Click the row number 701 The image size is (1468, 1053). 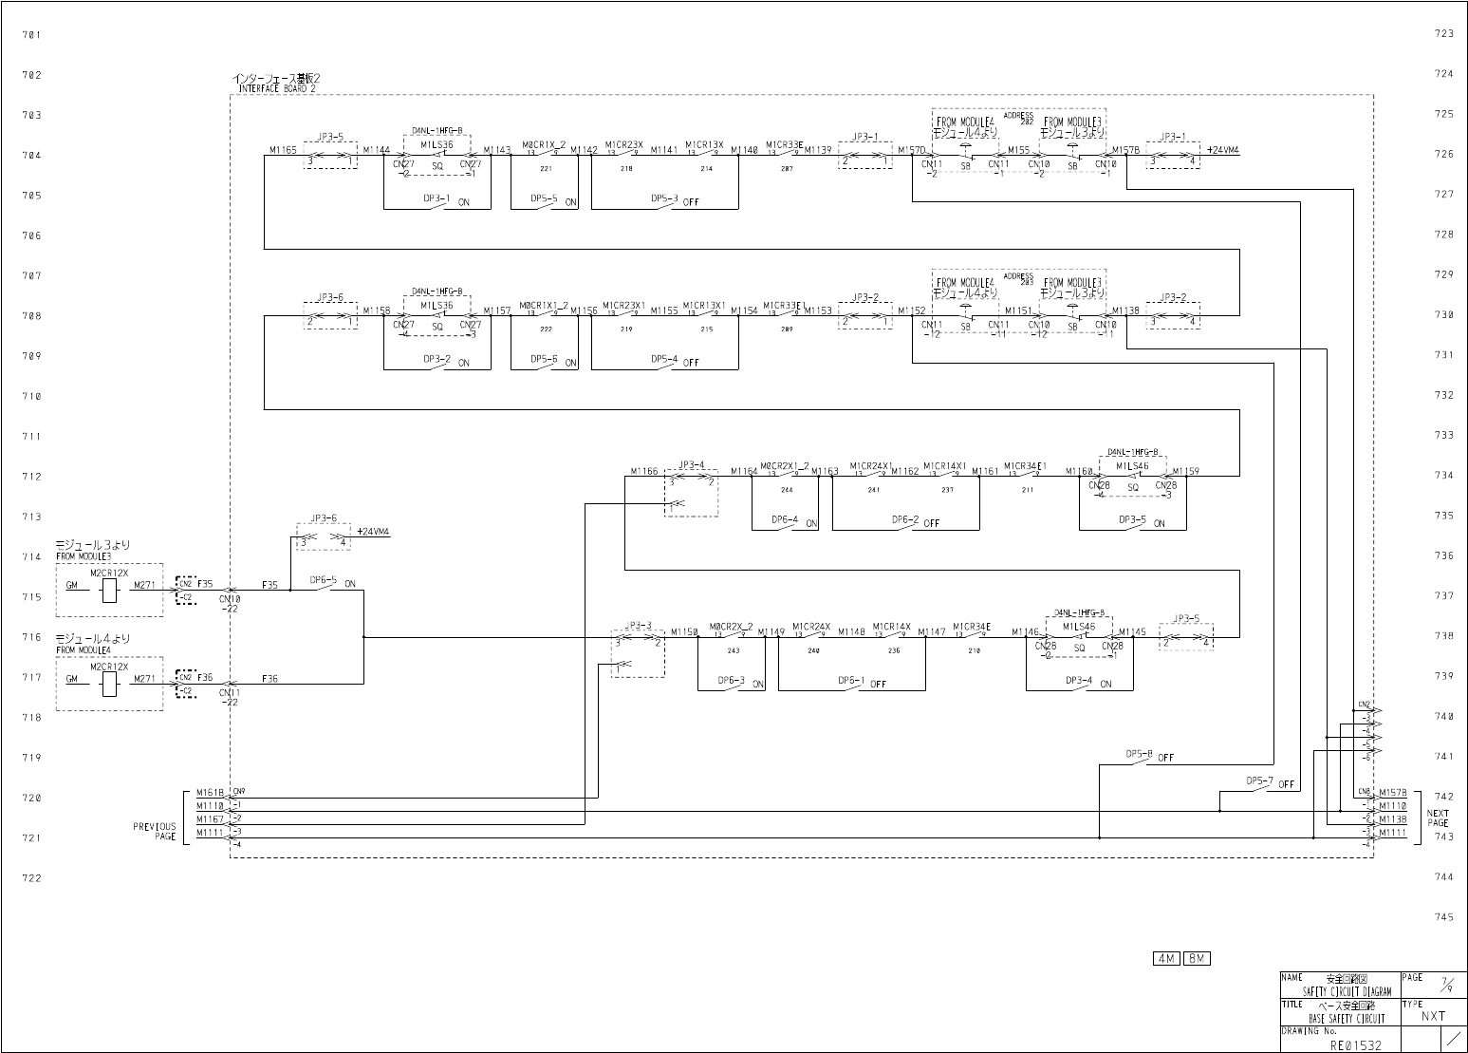point(31,35)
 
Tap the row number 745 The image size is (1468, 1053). point(1443,917)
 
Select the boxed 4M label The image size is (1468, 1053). point(1166,959)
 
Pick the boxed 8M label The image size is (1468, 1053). point(1198,959)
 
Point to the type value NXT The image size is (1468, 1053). point(1433,1016)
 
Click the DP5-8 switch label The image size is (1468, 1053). point(1139,754)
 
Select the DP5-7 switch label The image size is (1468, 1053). point(1259,780)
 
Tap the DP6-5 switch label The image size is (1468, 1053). point(323,579)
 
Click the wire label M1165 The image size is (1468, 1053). point(283,150)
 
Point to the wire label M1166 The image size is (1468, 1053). point(644,471)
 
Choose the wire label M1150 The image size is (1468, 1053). point(684,631)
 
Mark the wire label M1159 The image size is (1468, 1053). point(1185,471)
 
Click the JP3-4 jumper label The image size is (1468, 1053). point(691,465)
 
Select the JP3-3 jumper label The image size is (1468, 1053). point(638,626)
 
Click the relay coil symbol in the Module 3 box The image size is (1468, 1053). point(109,591)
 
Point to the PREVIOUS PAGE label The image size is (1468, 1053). point(154,832)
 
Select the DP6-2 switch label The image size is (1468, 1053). point(905,520)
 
